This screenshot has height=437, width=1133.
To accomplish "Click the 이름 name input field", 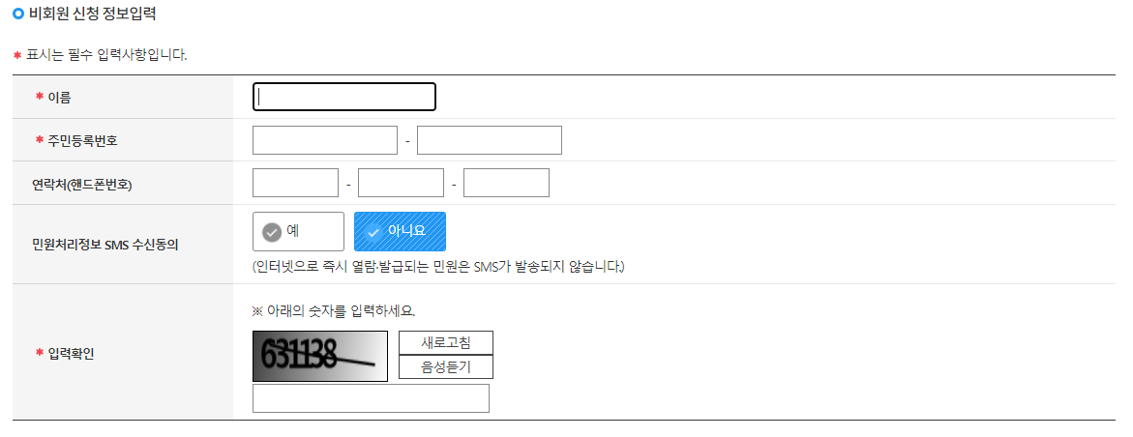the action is (x=343, y=97).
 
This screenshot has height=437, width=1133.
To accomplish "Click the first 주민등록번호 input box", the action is (x=324, y=140).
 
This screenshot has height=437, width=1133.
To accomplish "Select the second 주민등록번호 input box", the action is (x=489, y=140).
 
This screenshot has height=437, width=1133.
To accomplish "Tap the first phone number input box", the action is (x=295, y=183).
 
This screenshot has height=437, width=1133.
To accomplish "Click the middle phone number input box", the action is (x=401, y=183).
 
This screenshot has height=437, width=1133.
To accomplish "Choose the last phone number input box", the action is (x=506, y=183).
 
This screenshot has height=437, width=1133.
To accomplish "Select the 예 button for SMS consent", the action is (x=298, y=232).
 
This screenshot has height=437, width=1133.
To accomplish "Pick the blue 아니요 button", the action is (x=400, y=232).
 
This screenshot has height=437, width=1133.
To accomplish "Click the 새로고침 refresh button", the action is (x=446, y=343).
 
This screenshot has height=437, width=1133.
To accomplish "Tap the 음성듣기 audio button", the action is (x=446, y=367).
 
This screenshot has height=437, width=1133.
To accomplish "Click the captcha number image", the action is (x=319, y=356).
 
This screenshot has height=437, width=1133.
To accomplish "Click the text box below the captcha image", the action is (x=371, y=398).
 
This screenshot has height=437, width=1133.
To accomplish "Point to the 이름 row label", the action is (x=59, y=97).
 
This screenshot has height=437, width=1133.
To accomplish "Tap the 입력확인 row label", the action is (x=71, y=353).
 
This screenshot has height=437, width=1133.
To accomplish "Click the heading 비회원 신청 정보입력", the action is (x=93, y=15).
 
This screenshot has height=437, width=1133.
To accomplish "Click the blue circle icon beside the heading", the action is (x=18, y=15).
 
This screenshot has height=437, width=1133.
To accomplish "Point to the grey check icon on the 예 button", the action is (x=272, y=232).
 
